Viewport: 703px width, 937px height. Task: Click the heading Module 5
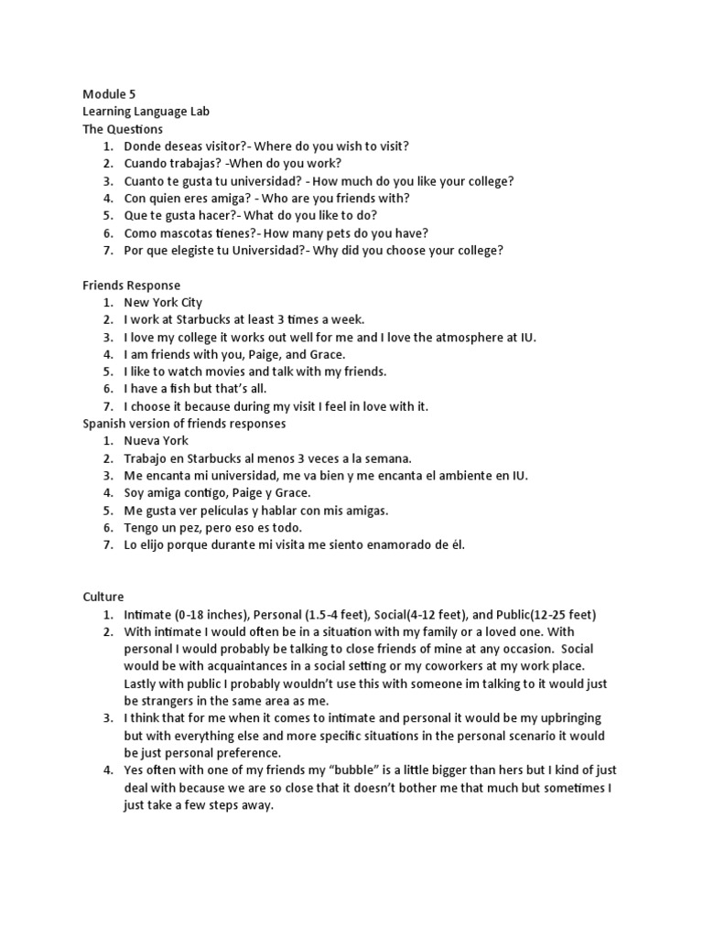pyautogui.click(x=110, y=94)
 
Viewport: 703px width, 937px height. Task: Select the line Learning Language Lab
pyautogui.click(x=146, y=112)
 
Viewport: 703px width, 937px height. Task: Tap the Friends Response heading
pyautogui.click(x=131, y=285)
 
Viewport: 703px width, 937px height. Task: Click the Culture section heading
pyautogui.click(x=103, y=596)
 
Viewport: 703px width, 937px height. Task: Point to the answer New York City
pyautogui.click(x=163, y=303)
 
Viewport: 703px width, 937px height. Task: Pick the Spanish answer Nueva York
pyautogui.click(x=156, y=441)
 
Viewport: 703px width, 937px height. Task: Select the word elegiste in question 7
pyautogui.click(x=190, y=251)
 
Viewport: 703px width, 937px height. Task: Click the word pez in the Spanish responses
pyautogui.click(x=210, y=528)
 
